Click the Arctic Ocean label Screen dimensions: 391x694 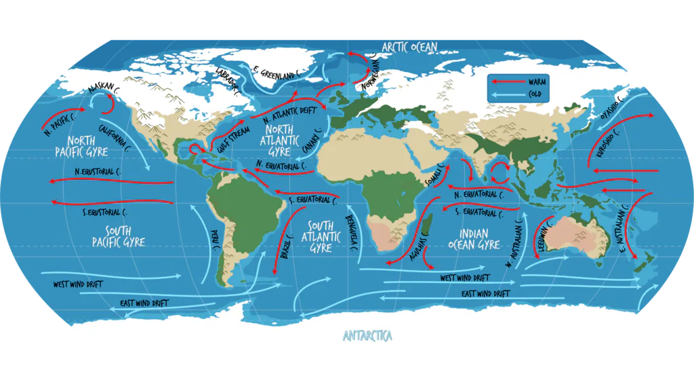tap(409, 47)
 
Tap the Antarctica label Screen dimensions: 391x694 tap(367, 335)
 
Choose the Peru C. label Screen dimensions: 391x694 tap(216, 240)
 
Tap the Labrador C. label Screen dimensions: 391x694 tap(228, 80)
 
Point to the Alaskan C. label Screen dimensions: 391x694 tap(105, 90)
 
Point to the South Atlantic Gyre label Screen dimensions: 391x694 tap(321, 237)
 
